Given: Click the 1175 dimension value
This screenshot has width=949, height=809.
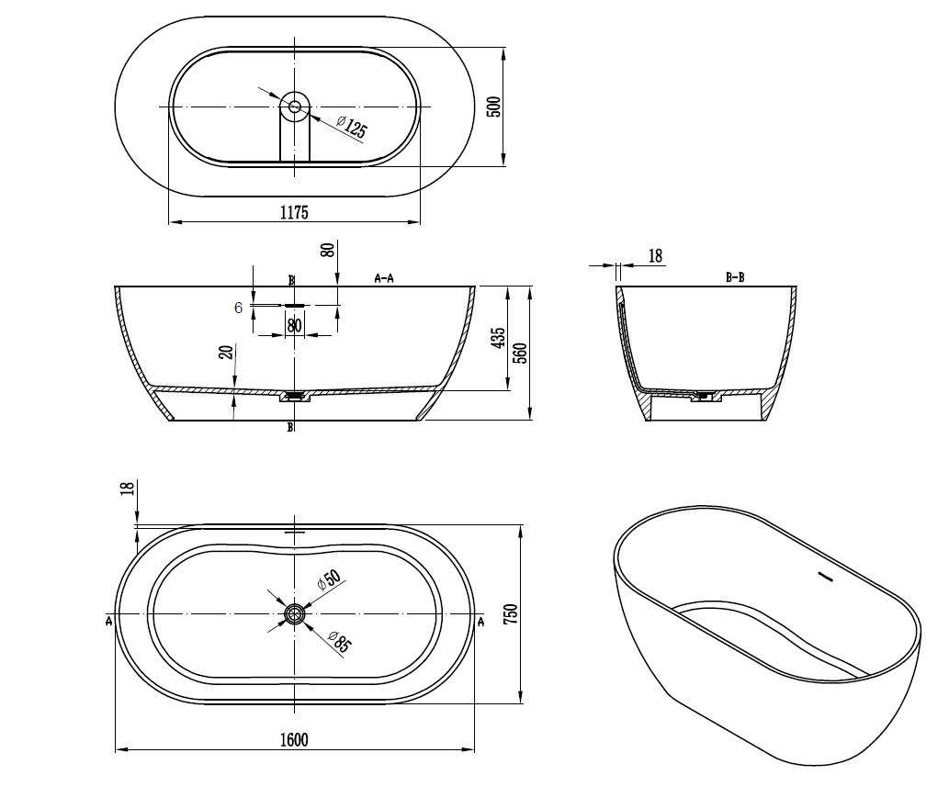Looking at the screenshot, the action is coord(294,212).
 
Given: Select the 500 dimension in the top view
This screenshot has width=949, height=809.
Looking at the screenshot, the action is coord(494,107).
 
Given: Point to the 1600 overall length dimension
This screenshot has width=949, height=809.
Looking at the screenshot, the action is coord(294,739).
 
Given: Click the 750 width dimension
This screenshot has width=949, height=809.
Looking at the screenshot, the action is coord(511,613).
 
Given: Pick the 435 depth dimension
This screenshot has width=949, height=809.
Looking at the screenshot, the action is coord(498,339).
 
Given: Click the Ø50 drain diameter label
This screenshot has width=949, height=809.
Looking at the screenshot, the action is coord(329,579).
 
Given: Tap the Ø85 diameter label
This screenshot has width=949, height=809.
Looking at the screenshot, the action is coord(339,641).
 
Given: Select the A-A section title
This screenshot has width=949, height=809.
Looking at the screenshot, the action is coord(384,278).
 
